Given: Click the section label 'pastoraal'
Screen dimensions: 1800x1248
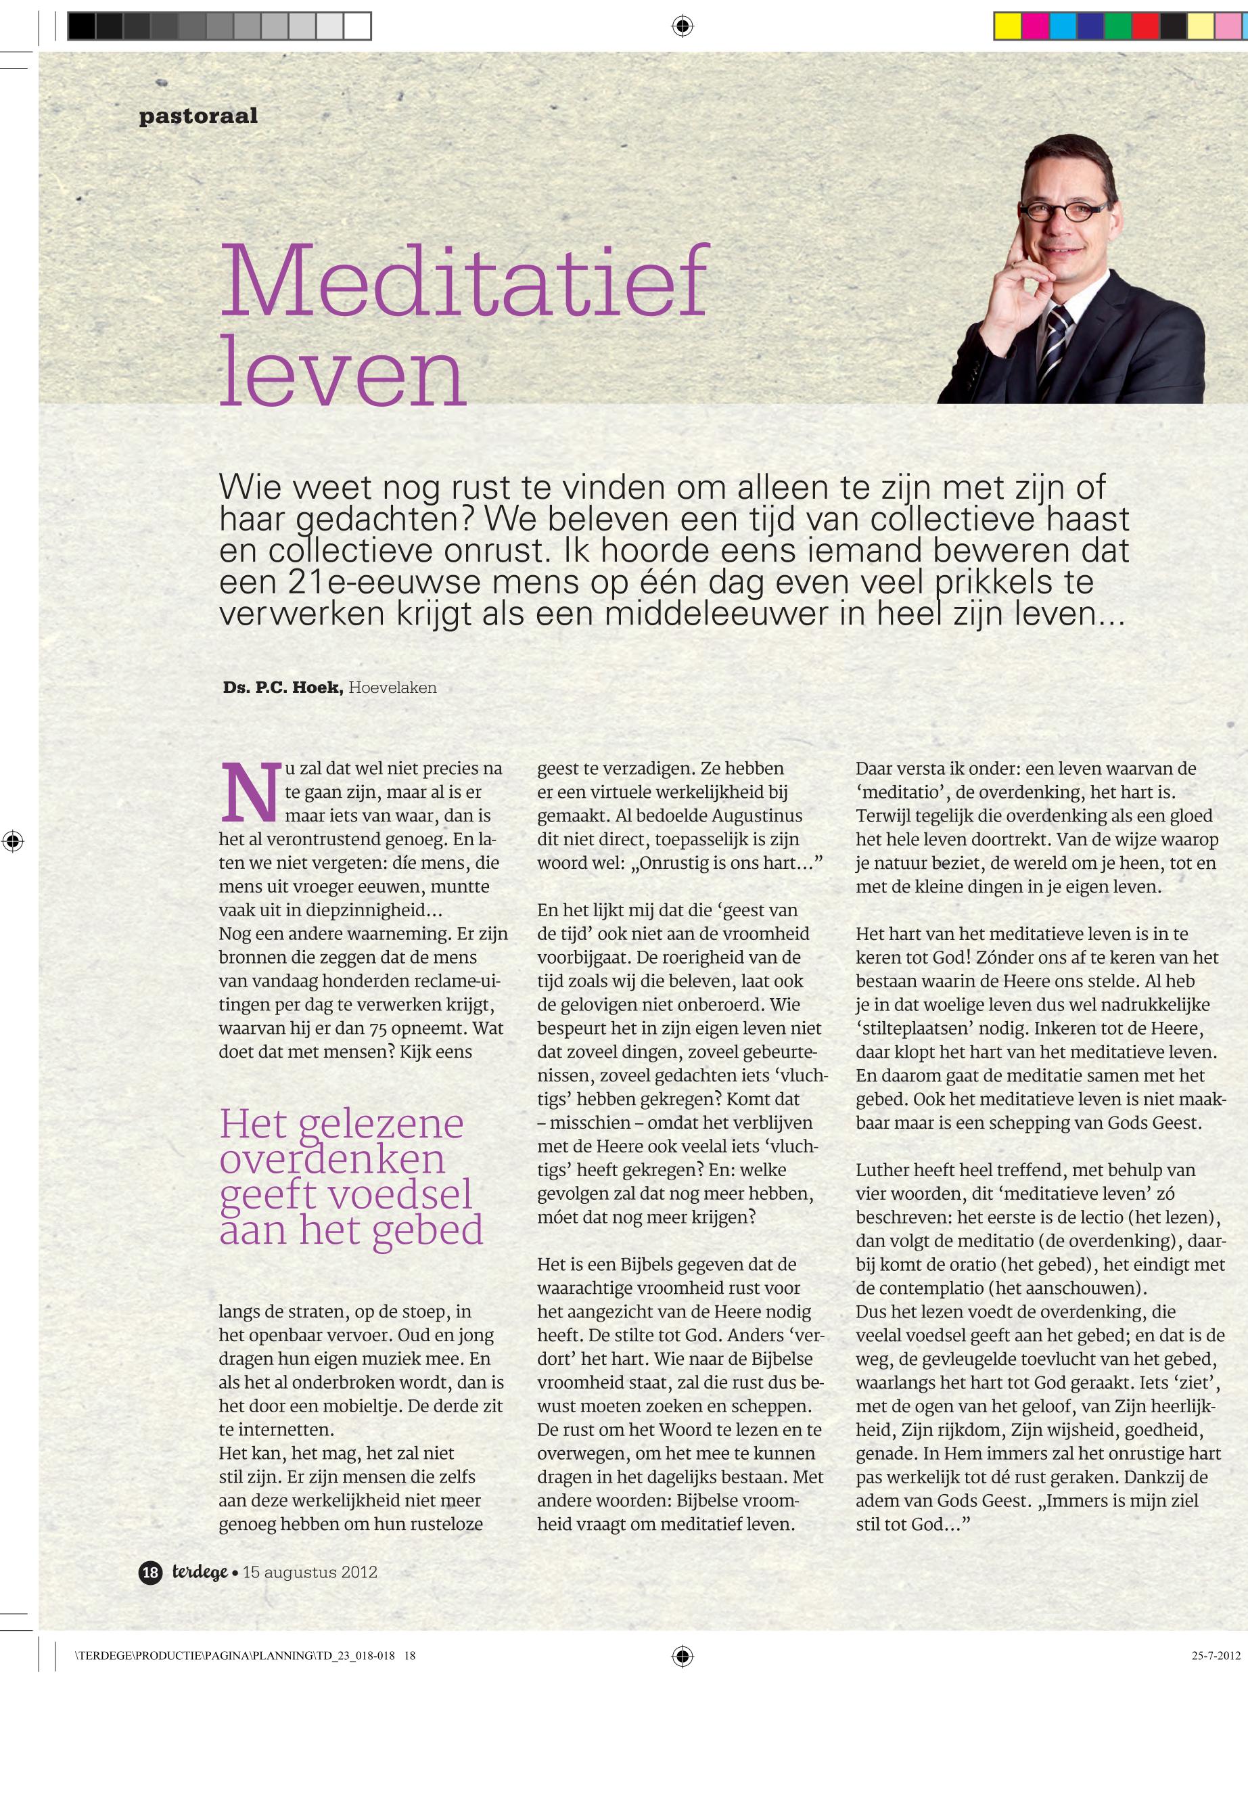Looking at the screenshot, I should (x=198, y=116).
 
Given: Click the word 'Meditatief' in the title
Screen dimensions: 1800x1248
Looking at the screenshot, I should (x=465, y=282).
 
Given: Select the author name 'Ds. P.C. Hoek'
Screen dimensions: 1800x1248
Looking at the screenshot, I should (x=282, y=688).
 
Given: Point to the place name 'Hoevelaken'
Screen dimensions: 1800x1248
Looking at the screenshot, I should (x=392, y=688).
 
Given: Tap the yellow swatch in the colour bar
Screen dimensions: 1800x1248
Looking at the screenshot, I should (x=1007, y=26).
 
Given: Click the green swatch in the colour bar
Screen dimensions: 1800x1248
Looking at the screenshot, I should (x=1117, y=26).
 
